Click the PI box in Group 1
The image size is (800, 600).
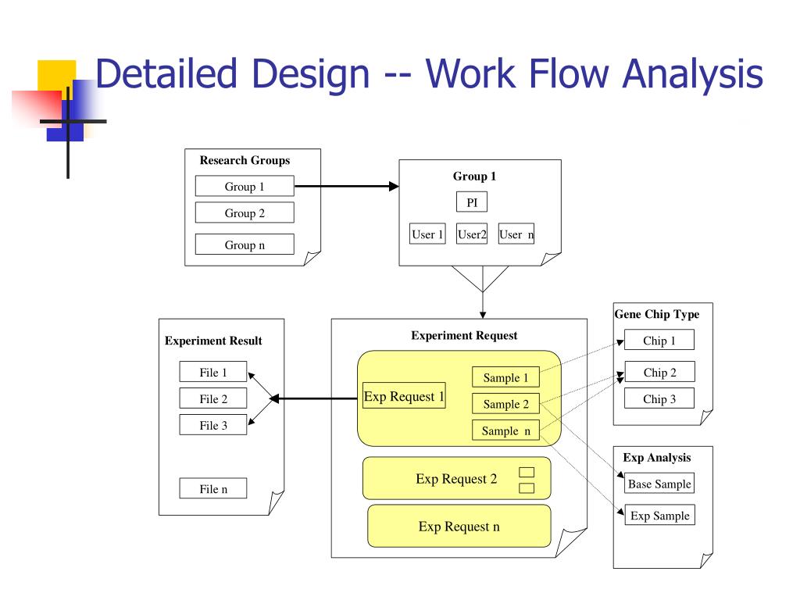coord(471,202)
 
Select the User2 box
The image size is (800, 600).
coord(471,234)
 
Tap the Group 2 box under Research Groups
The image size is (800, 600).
coord(245,212)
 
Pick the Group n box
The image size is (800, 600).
coord(245,245)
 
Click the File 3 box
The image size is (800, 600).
coord(212,424)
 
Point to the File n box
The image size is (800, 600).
coord(212,488)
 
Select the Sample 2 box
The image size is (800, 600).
coord(505,404)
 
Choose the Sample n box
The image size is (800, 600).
coord(505,430)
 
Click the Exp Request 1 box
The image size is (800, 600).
coord(404,395)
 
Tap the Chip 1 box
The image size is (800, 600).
coord(659,340)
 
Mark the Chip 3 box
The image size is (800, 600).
coord(659,398)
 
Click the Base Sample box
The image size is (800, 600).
coord(659,483)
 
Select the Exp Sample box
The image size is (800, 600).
coord(659,516)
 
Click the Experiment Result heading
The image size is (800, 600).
coord(213,341)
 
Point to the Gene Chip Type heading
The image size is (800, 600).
coord(656,314)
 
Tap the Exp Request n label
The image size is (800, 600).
coord(459,526)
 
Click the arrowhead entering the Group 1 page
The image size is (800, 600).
coord(394,186)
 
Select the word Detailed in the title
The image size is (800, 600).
coord(166,73)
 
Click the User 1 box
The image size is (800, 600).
coord(427,234)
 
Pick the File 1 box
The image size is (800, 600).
coord(212,371)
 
